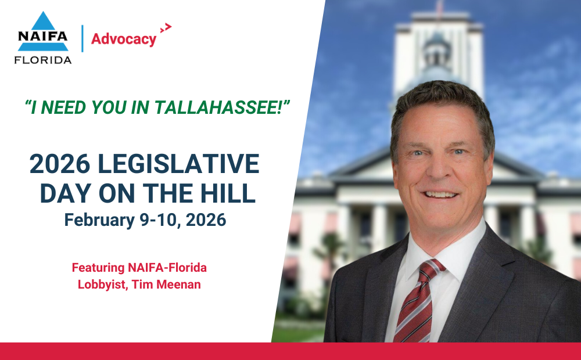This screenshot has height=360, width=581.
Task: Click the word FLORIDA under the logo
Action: click(x=43, y=60)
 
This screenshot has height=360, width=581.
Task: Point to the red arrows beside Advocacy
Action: click(x=166, y=28)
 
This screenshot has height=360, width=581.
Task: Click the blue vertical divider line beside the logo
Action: click(x=83, y=38)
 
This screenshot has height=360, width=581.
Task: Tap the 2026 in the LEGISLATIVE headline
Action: click(x=60, y=164)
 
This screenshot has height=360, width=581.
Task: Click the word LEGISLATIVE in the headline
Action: click(x=178, y=164)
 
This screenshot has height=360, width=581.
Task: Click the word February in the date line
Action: click(x=99, y=220)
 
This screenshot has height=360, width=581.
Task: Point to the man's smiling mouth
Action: click(x=440, y=194)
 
